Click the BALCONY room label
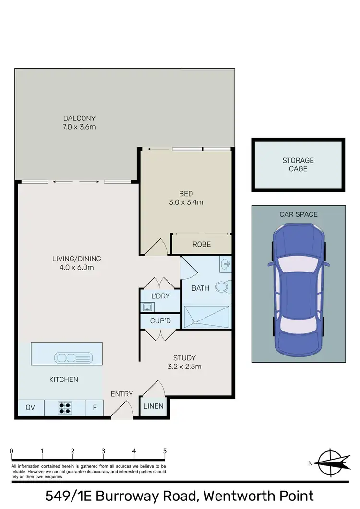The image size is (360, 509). point(80,118)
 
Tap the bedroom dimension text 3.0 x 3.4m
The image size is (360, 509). point(186,202)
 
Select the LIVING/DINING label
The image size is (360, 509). point(77,259)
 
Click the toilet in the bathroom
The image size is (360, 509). point(222,287)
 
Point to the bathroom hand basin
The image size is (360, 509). point(226,263)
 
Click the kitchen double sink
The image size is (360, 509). point(73,357)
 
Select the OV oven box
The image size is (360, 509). point(30,408)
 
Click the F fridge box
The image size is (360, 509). point(95,408)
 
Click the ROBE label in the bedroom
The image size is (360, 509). point(202,244)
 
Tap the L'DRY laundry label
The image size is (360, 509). point(160,296)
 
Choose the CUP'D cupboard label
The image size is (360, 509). point(160,320)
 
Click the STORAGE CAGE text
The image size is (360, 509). point(298,165)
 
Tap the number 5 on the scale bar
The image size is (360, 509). point(165,451)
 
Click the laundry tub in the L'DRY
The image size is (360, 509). point(147,307)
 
